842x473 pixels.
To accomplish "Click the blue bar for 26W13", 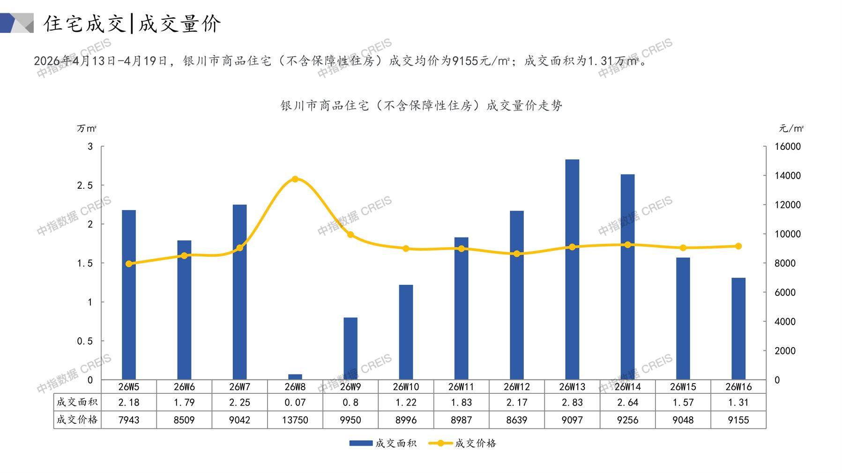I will point(572,269).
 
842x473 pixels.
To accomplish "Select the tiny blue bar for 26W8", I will point(295,377).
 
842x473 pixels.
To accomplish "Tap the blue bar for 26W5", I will point(129,295).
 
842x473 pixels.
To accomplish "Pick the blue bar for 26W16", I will point(738,328).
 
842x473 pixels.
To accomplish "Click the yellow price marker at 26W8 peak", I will point(295,179).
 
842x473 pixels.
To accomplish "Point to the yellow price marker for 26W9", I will point(350,235).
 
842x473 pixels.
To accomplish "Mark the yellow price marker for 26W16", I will point(738,246).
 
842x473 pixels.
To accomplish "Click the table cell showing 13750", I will point(295,420).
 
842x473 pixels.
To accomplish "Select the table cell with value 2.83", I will point(572,402).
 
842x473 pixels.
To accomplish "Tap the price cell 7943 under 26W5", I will point(129,420).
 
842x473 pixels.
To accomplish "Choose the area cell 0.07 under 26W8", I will point(295,402).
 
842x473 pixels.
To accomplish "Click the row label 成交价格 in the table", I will point(77,420).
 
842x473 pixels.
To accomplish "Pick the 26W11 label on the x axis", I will point(461,387).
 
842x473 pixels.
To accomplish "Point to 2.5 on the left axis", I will point(85,185).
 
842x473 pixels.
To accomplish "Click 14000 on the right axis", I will point(788,176).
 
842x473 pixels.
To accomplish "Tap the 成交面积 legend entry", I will point(383,443).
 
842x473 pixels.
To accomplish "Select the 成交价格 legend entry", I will point(463,443).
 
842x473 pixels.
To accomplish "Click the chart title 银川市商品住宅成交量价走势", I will point(421,106).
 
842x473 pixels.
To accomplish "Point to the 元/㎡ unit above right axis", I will point(791,128).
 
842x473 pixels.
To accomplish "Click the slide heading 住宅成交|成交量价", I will point(132,23).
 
